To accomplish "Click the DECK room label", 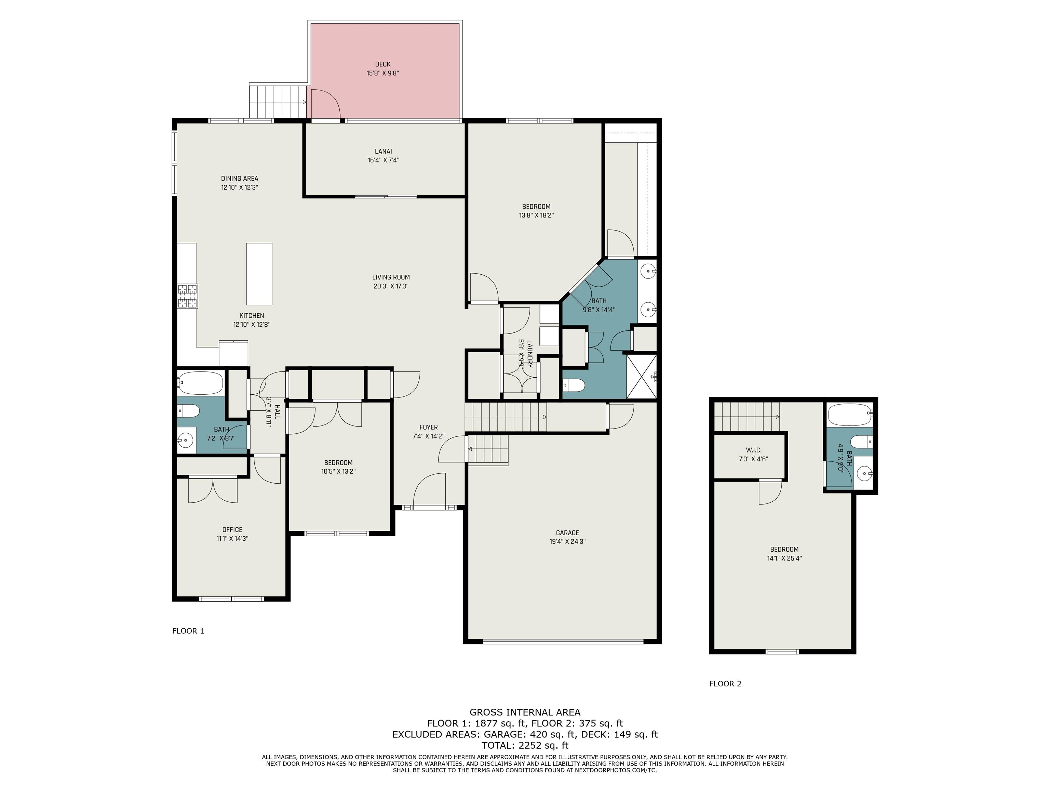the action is [382, 64].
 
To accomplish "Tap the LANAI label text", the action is [383, 152].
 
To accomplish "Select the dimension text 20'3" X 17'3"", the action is [391, 286].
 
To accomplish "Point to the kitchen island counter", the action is [259, 274].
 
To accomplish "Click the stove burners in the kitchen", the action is [188, 297].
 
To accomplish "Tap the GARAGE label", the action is [567, 533].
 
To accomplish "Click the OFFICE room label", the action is [232, 529].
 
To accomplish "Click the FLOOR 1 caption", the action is [188, 631].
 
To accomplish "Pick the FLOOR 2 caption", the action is [725, 683].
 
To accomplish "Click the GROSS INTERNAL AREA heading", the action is [525, 712].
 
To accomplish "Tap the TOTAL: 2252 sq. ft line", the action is [525, 745].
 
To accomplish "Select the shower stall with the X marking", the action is [642, 376].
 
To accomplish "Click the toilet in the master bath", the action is [573, 385].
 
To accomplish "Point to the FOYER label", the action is [428, 428].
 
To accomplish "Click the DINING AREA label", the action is [240, 179].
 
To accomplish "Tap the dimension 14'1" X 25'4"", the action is [784, 559].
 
